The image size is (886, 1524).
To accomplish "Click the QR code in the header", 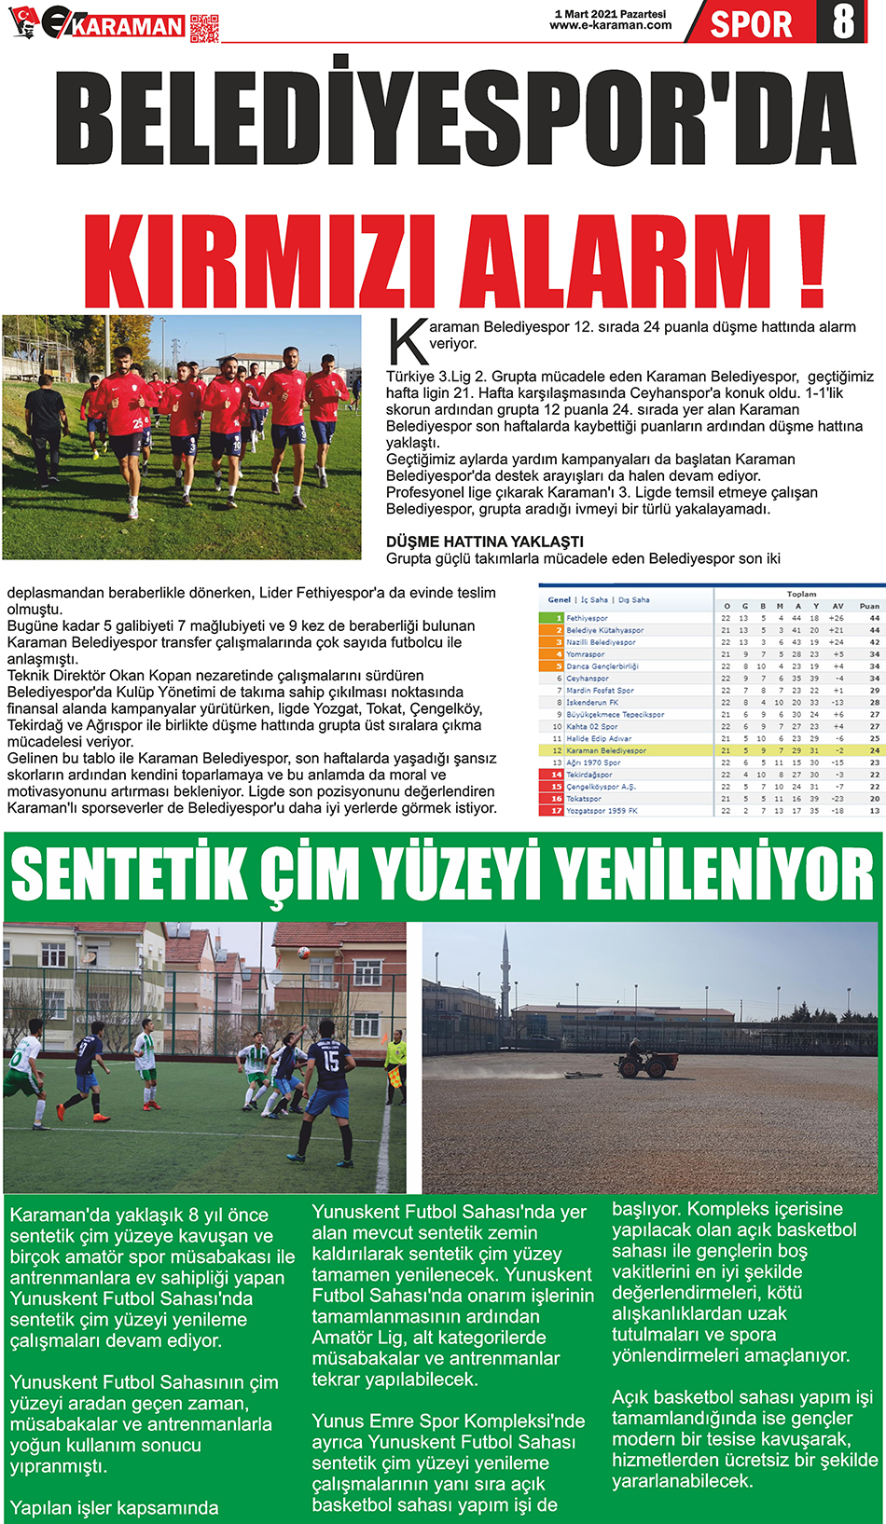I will [x=204, y=28].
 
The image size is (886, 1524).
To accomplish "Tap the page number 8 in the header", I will [x=842, y=22].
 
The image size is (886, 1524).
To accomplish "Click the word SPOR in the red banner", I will [x=751, y=24].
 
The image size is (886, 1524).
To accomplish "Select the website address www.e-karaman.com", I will [x=611, y=26].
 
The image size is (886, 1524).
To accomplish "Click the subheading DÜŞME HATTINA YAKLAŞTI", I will [x=485, y=542].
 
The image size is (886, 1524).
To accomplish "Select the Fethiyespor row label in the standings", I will [x=587, y=618].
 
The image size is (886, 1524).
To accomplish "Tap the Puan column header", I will [x=869, y=606].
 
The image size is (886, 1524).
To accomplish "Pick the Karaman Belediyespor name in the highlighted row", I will [x=606, y=750].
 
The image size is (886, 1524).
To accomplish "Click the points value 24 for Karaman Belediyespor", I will [x=875, y=750].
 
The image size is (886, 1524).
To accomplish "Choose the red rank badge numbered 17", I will [x=556, y=811].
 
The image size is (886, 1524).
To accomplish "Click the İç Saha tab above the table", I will [x=594, y=600].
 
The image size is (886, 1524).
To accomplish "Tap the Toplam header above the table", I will [x=801, y=594].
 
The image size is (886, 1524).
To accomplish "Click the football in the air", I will [x=303, y=954].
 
